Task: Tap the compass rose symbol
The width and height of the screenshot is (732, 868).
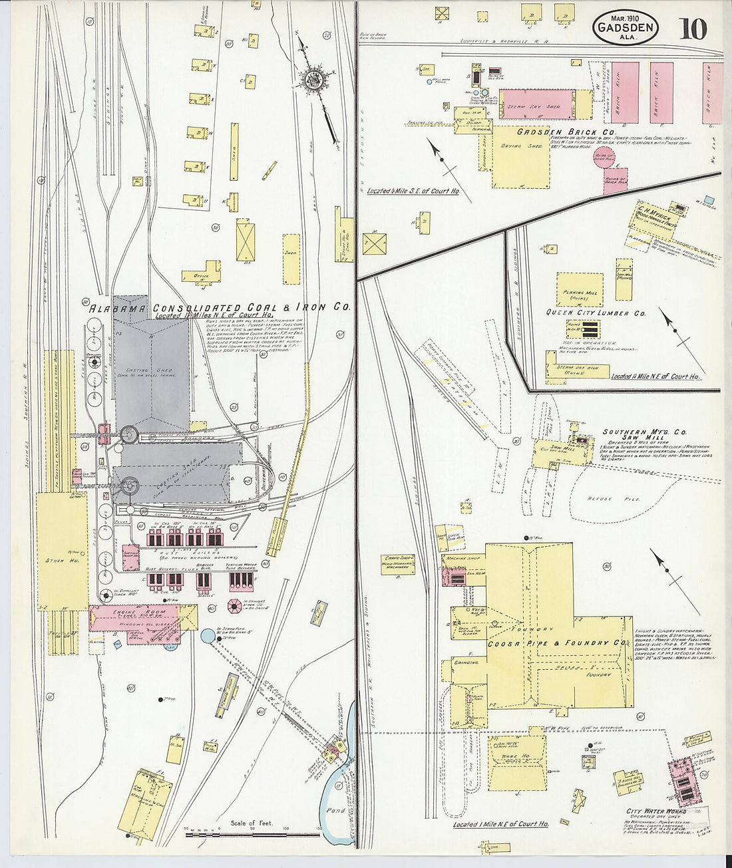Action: (x=312, y=79)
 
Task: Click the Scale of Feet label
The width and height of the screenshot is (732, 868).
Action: (x=252, y=823)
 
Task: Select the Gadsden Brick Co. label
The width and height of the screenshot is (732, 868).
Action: (x=566, y=132)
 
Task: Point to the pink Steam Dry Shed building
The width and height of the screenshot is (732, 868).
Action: (x=536, y=104)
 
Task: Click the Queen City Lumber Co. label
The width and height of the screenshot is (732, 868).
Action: (x=596, y=313)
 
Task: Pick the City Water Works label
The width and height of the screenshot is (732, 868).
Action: (x=651, y=811)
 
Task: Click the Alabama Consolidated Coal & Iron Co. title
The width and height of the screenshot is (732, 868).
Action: (x=220, y=308)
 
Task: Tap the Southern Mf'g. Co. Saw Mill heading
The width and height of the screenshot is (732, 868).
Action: (x=632, y=436)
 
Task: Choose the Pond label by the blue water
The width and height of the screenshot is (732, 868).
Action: (x=337, y=811)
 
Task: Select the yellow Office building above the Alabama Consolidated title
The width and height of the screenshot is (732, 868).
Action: (x=202, y=274)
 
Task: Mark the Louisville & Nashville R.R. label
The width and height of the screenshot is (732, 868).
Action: (x=504, y=41)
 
